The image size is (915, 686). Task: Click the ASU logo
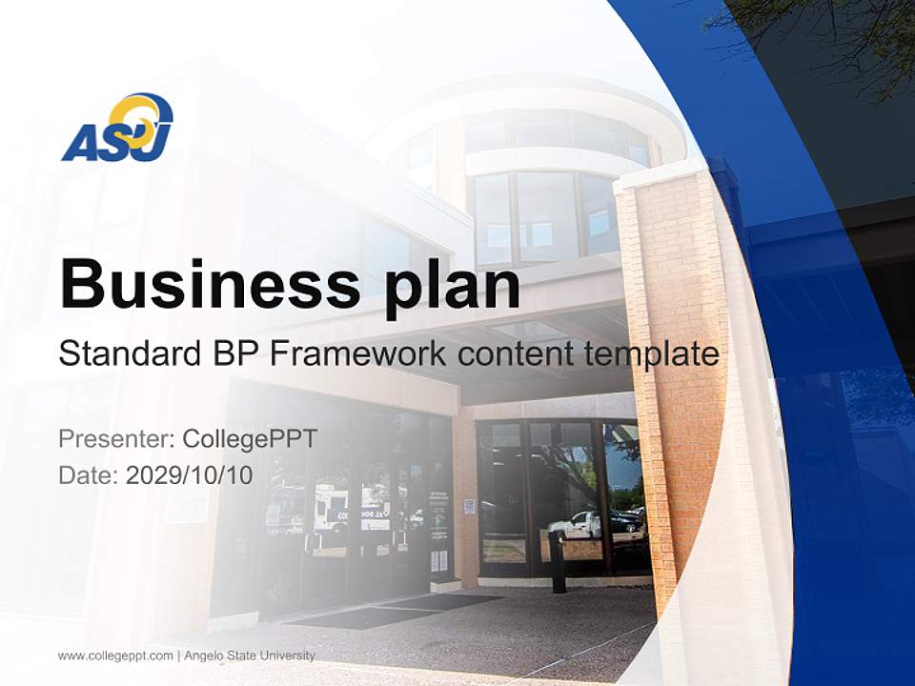(x=117, y=128)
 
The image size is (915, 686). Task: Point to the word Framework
(x=358, y=354)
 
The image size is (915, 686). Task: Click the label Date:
(x=89, y=475)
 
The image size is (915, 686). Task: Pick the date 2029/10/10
(x=190, y=475)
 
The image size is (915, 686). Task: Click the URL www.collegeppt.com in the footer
(x=115, y=656)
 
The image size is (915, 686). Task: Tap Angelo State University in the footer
(x=250, y=656)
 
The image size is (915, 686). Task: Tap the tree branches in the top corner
(x=839, y=38)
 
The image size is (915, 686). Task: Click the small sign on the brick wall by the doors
(x=469, y=507)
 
